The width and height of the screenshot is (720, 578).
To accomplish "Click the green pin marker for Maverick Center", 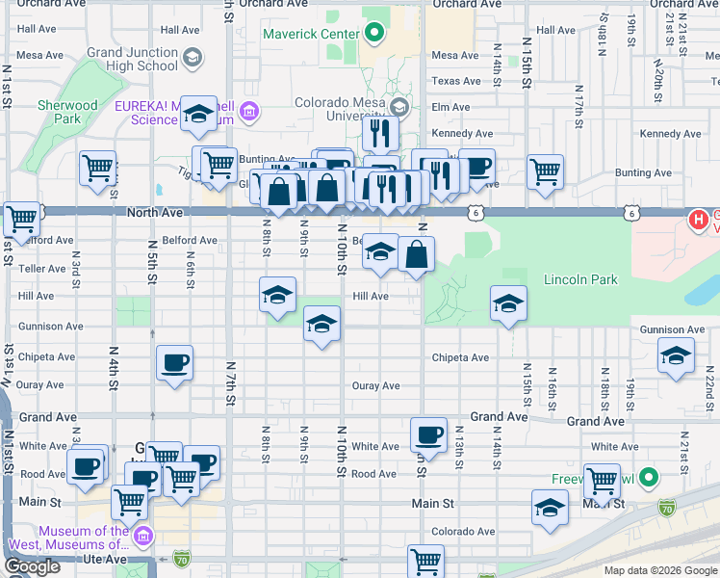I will (x=375, y=36).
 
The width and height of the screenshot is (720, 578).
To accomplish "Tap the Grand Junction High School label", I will (x=132, y=59).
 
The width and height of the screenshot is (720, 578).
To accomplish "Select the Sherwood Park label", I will (x=67, y=112).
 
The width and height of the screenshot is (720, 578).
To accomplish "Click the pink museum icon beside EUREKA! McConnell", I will (x=250, y=112).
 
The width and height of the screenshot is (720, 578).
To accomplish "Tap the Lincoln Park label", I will (x=580, y=280).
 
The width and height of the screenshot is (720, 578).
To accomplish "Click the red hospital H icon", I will (x=699, y=220).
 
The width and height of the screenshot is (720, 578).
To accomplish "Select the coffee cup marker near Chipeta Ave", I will (x=174, y=363).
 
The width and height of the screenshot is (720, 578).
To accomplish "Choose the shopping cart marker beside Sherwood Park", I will (x=97, y=169).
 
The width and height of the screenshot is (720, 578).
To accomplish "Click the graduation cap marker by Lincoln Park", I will (x=508, y=304).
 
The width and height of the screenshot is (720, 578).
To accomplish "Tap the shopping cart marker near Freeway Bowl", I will (x=602, y=478).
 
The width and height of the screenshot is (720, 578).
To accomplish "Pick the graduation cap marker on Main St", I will (x=550, y=508).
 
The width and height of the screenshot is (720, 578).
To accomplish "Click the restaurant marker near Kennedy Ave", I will (x=380, y=132).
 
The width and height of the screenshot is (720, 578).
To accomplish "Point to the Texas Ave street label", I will (x=455, y=81).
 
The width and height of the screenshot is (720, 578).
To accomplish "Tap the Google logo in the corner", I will (x=32, y=566).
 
